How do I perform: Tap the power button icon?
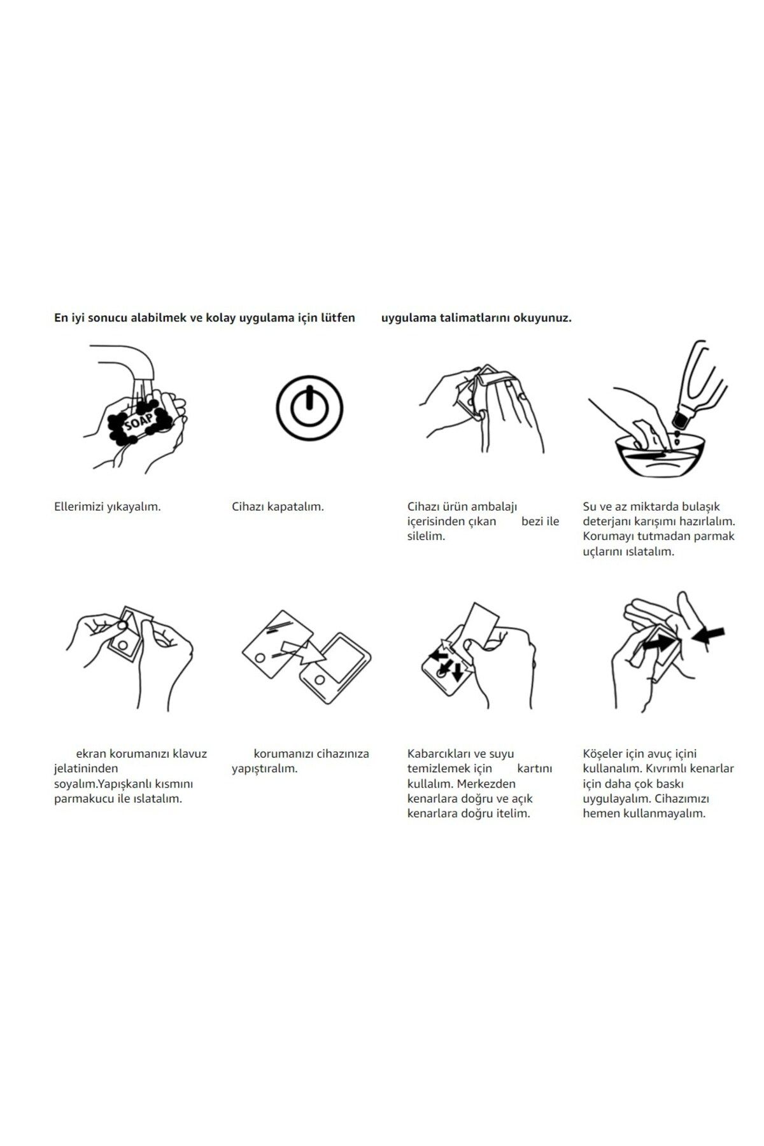pyautogui.click(x=309, y=408)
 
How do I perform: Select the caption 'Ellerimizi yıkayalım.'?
pyautogui.click(x=107, y=507)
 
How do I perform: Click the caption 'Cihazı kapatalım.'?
pyautogui.click(x=278, y=507)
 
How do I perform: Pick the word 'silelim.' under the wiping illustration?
pyautogui.click(x=426, y=536)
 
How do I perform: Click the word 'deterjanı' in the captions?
pyautogui.click(x=607, y=522)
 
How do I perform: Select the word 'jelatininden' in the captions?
pyautogui.click(x=86, y=769)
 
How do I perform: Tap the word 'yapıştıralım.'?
pyautogui.click(x=264, y=769)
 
